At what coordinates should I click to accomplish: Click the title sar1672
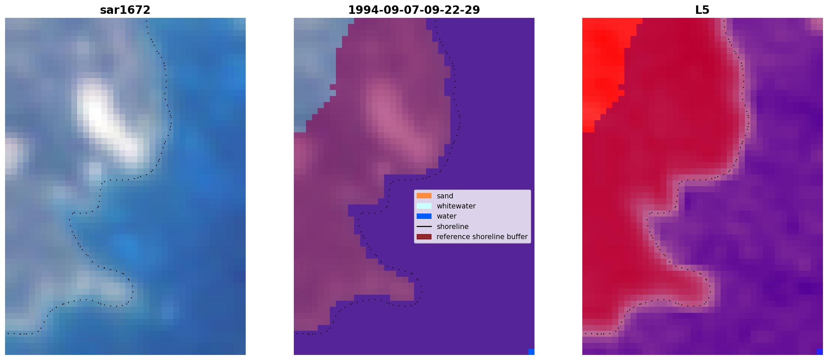125,10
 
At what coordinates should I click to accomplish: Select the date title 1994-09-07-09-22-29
414,10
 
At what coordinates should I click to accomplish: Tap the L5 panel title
702,10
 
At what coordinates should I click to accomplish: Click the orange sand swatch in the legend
424,196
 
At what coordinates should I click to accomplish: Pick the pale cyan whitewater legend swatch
424,206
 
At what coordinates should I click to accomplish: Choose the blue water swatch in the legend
424,216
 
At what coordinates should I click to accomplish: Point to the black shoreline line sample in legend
424,226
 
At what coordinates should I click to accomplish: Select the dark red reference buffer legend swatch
424,237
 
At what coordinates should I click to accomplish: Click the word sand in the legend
445,196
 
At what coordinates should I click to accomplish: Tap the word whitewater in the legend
456,206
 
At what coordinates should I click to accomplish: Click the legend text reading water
447,216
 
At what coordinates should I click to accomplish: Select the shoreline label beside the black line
453,227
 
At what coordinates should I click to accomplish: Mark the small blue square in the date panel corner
531,352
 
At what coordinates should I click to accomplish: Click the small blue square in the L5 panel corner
820,352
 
